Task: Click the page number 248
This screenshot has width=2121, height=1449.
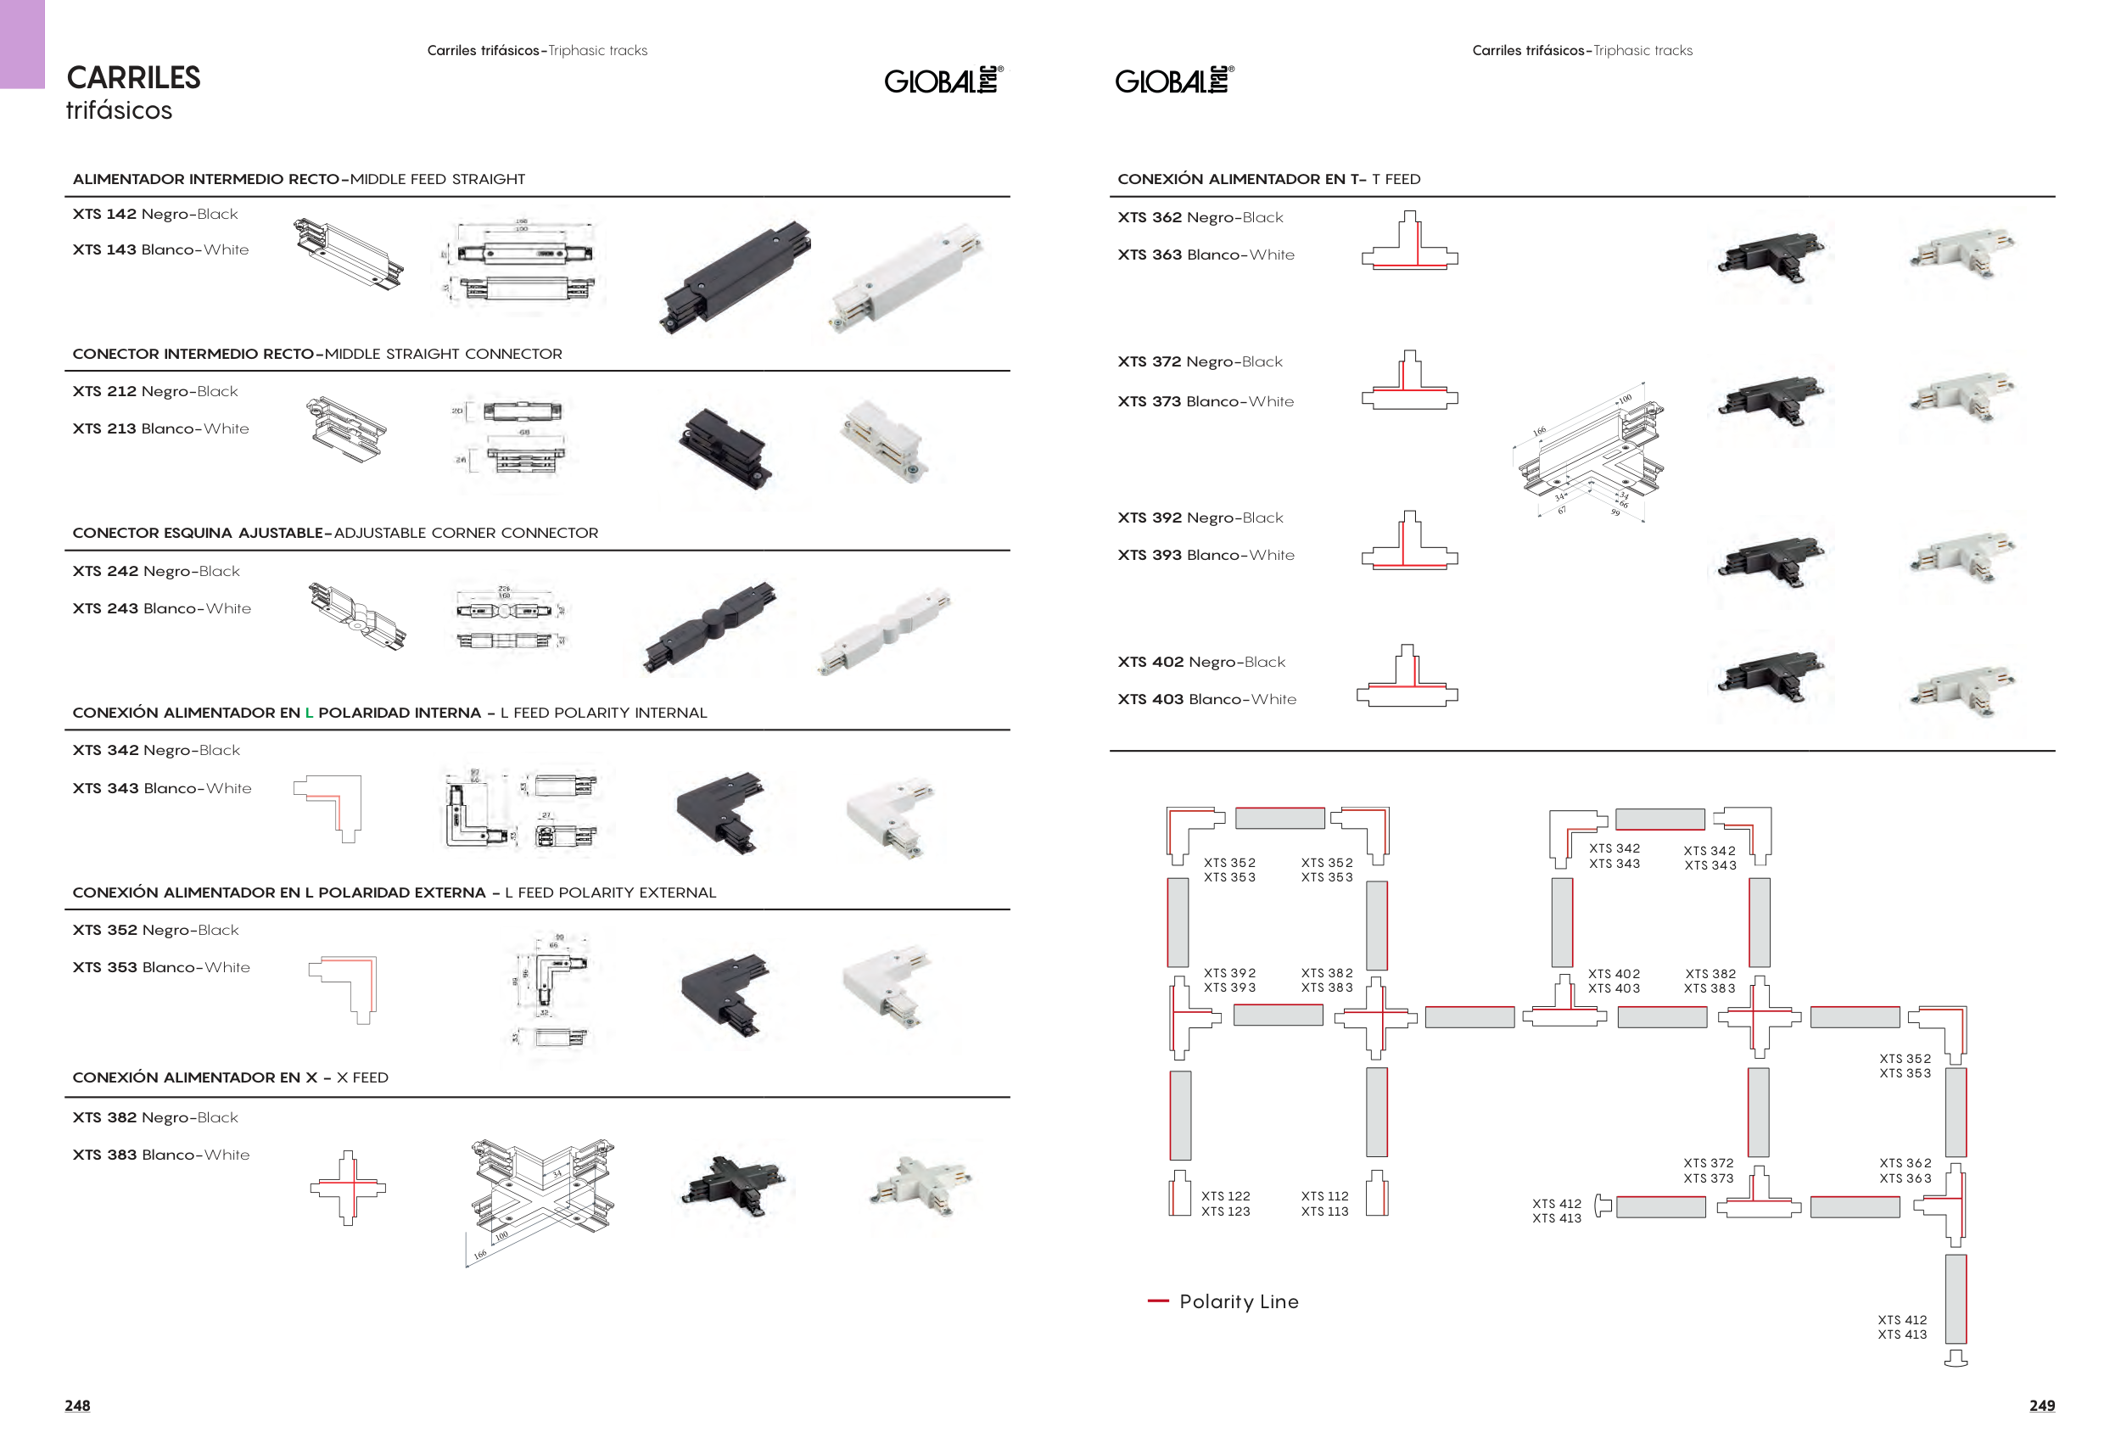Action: point(77,1405)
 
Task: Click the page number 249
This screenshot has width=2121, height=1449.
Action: point(2041,1405)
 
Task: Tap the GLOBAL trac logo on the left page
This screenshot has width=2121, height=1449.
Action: point(943,81)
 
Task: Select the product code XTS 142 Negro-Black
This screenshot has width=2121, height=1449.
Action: point(155,215)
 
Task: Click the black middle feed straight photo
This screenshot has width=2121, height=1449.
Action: point(736,277)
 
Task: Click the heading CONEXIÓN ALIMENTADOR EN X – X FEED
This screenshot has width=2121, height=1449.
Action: point(230,1077)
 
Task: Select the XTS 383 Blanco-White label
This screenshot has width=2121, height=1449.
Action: point(160,1155)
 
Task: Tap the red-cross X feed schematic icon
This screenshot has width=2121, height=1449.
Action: point(348,1187)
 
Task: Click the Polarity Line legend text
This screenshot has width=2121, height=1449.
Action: point(1238,1302)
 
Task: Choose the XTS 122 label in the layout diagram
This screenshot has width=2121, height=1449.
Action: point(1225,1196)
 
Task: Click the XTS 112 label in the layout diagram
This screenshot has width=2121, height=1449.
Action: point(1324,1196)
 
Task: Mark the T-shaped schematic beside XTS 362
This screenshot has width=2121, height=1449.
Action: point(1409,241)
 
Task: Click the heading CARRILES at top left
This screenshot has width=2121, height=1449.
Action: point(133,78)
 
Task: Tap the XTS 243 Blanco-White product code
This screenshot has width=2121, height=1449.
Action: point(161,608)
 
